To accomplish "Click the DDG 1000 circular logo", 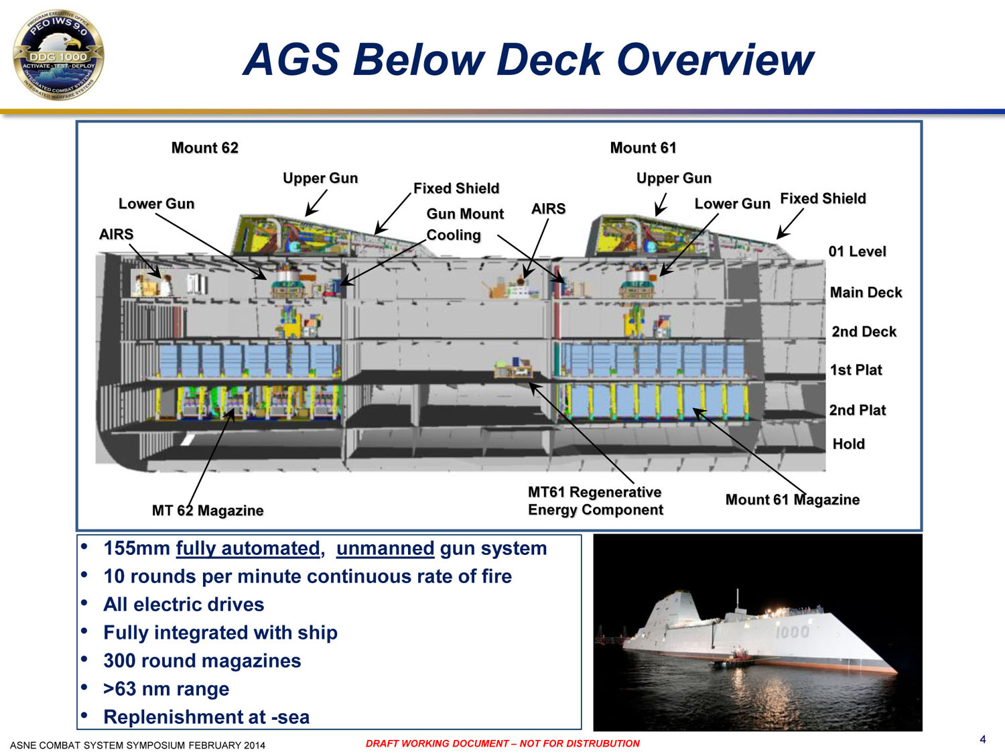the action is (58, 55).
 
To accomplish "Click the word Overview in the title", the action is (715, 60).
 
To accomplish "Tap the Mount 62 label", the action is (204, 148).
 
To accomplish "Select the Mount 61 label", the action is (643, 148).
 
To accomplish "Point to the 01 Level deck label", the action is (857, 251).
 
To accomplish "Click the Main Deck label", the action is (866, 292).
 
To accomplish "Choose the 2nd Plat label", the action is (857, 410).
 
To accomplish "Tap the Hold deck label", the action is (848, 444).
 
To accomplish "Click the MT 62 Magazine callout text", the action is (208, 510).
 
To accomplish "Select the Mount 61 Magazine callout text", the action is (792, 499).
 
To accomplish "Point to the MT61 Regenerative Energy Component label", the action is (595, 501).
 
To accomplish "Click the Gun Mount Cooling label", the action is (465, 225).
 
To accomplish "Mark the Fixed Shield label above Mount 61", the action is (823, 198).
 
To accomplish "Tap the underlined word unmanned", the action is (385, 548).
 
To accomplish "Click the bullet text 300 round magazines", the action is (202, 661).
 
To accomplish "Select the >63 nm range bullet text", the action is (165, 689).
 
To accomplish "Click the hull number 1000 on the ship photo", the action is (792, 632).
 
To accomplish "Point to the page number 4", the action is (983, 739).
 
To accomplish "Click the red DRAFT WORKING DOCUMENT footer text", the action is (503, 743).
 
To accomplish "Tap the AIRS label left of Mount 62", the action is (116, 234).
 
